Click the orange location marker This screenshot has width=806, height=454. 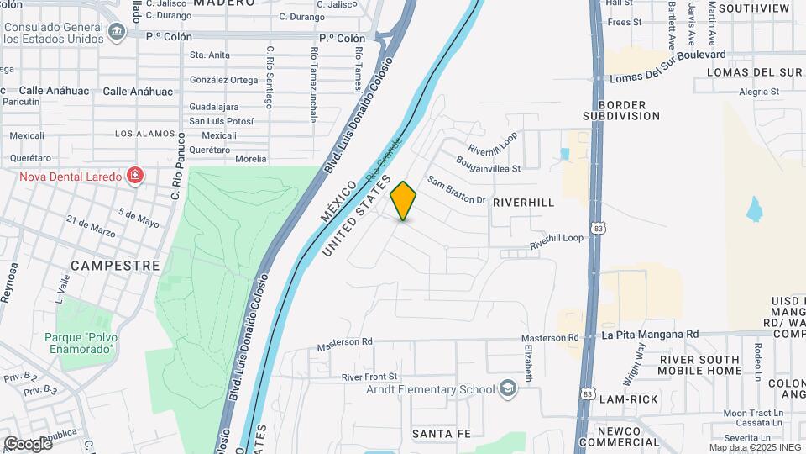click(404, 201)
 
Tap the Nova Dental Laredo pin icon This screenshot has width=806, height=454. click(134, 175)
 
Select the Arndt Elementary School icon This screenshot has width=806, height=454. click(507, 388)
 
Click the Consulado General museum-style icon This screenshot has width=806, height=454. click(117, 32)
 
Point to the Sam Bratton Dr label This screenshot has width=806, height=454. click(457, 190)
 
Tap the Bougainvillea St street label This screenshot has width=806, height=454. click(489, 163)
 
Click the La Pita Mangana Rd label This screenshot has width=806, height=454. click(650, 334)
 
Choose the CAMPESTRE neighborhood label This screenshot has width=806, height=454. click(116, 265)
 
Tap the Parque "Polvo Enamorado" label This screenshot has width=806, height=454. click(78, 342)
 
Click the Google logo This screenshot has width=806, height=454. click(28, 443)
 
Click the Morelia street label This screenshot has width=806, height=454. click(251, 159)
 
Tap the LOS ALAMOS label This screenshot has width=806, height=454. click(145, 134)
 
